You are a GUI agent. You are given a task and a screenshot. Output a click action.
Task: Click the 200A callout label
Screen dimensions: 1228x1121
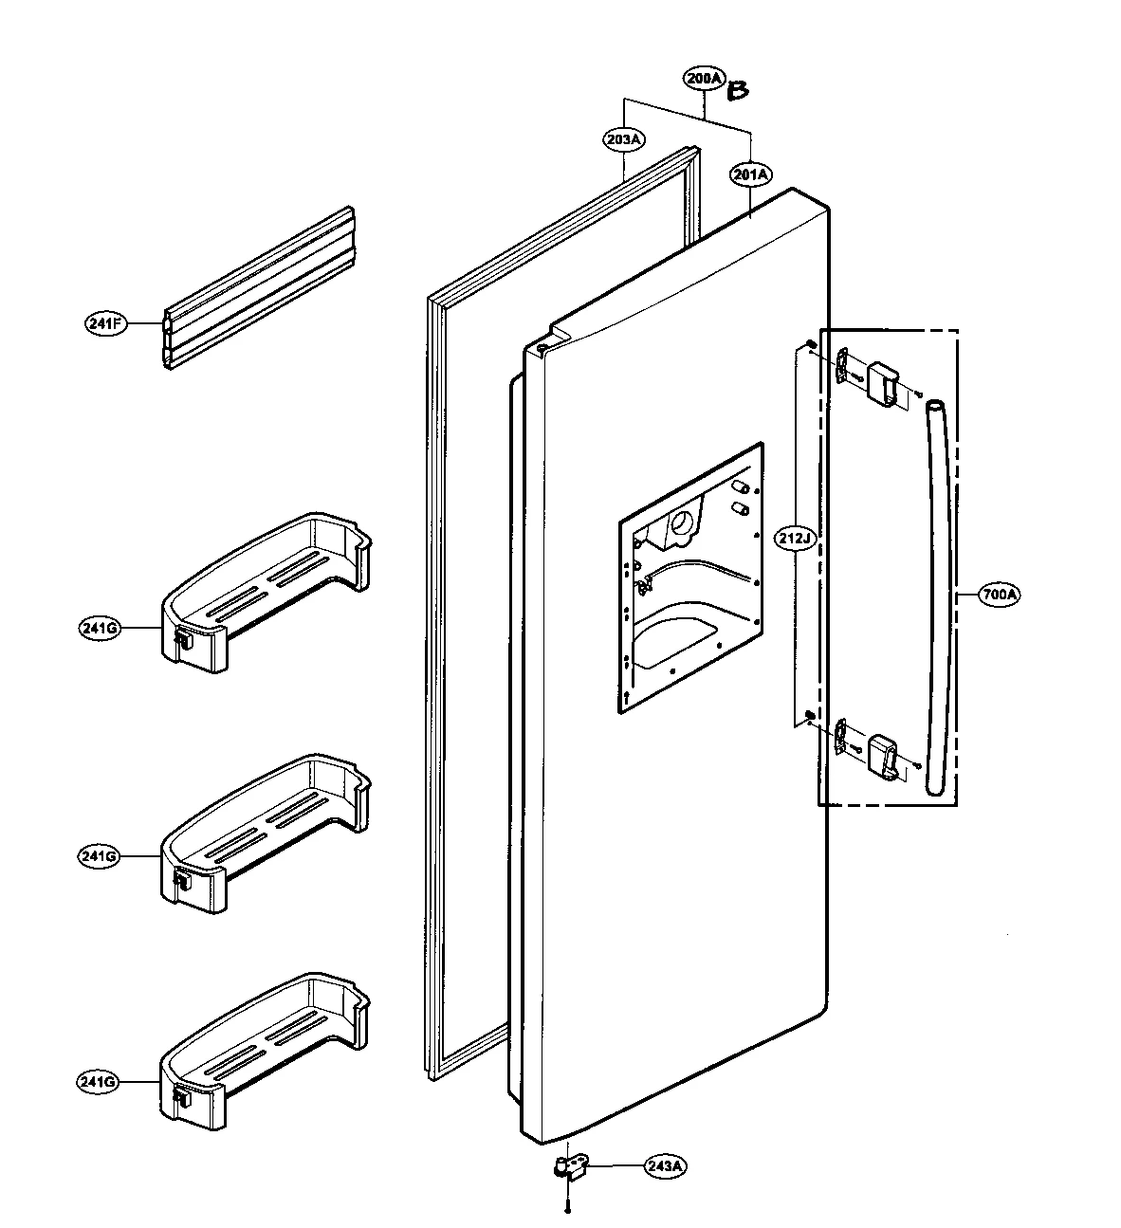(x=703, y=81)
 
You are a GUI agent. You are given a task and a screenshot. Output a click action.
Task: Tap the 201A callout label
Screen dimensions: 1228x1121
(x=750, y=174)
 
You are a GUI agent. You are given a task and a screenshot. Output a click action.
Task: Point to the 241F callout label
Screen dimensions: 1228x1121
(x=104, y=323)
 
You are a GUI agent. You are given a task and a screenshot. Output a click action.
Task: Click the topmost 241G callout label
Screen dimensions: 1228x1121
(x=100, y=629)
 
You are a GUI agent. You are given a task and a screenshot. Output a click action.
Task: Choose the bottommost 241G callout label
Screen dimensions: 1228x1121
(x=100, y=1082)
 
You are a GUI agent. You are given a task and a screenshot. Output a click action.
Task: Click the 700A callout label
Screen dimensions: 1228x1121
(x=1001, y=596)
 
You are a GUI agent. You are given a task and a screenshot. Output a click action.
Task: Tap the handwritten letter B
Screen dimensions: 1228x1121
(x=738, y=91)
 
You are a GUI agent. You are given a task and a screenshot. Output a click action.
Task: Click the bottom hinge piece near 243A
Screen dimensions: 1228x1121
(x=571, y=1165)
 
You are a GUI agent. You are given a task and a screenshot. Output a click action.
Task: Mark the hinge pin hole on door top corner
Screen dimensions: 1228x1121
(x=540, y=349)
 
